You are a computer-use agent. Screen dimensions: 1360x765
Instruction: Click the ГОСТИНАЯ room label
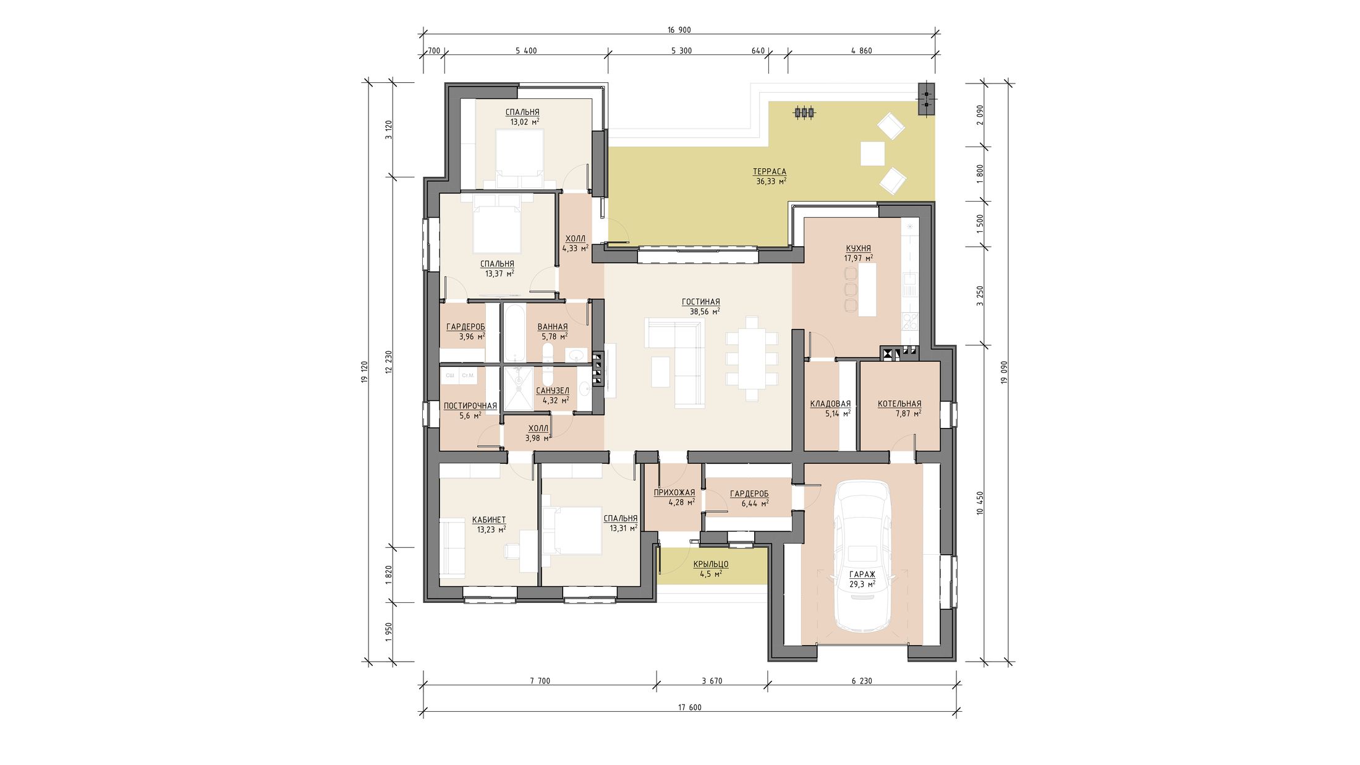pos(700,302)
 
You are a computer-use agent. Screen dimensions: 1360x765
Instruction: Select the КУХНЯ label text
pos(859,248)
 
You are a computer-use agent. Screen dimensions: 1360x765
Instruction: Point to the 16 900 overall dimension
pos(679,30)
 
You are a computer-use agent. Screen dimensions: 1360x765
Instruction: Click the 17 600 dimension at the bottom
pos(689,707)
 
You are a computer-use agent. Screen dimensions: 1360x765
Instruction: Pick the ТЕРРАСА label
pos(769,171)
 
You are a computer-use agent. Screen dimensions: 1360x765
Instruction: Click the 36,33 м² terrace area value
pos(771,181)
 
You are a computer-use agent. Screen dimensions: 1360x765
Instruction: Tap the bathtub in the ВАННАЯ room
pos(514,332)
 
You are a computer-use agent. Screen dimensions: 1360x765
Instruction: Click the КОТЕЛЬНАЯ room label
pos(899,404)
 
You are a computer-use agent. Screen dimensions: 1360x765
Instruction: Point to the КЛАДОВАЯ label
pos(830,404)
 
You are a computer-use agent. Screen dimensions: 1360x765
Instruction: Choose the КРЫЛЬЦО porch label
pos(710,564)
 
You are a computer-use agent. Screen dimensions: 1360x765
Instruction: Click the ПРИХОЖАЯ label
pos(674,492)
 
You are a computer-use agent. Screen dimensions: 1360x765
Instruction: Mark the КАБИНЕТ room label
pos(488,519)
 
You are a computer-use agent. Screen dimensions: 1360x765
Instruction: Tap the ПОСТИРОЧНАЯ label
pos(470,406)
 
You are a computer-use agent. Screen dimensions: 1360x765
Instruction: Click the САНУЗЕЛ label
pos(552,391)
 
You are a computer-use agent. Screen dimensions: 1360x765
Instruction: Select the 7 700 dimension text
pos(540,681)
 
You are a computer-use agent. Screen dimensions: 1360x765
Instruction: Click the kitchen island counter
pos(867,289)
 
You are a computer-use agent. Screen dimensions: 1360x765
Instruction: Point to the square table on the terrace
pos(872,153)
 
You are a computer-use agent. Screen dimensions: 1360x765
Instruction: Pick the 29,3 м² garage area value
pos(862,584)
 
